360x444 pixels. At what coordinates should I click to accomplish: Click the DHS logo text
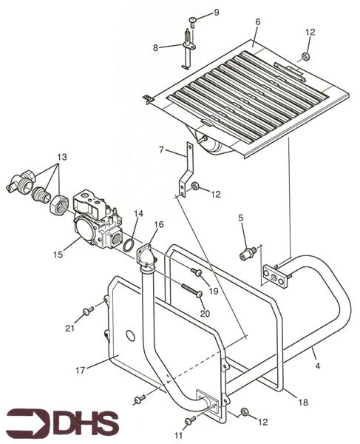63,423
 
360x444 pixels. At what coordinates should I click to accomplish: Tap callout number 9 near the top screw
216,13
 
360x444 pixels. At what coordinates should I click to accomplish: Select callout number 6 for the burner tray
258,21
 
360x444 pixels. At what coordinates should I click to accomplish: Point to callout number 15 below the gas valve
58,255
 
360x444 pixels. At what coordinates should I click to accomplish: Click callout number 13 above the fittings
62,157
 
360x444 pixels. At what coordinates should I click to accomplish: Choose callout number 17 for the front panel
81,370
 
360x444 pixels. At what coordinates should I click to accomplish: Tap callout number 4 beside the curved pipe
318,366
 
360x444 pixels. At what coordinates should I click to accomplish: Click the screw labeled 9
193,21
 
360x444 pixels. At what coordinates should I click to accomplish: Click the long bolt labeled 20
192,291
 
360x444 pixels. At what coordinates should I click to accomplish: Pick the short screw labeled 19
196,272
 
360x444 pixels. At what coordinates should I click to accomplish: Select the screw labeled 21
88,311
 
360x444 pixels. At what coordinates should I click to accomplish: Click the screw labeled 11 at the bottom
190,420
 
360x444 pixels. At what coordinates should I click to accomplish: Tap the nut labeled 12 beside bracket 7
195,186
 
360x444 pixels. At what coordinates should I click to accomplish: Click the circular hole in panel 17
131,335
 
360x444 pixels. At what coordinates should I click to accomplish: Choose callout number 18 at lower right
303,402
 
